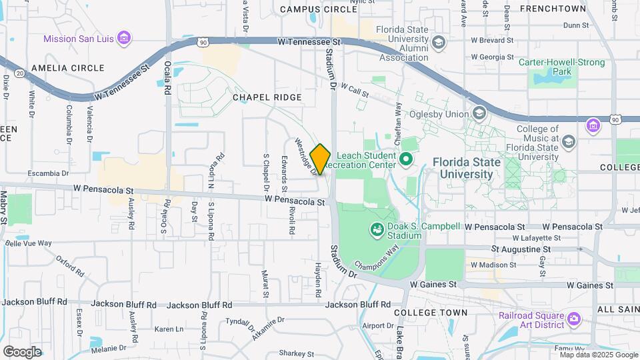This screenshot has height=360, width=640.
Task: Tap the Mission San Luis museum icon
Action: pyautogui.click(x=123, y=38)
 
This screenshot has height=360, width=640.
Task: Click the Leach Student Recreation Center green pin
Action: pyautogui.click(x=404, y=160)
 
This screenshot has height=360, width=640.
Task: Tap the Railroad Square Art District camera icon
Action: pyautogui.click(x=573, y=320)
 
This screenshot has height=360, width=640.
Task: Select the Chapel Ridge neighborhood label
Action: pyautogui.click(x=267, y=97)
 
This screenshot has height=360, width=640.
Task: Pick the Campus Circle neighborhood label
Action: pyautogui.click(x=319, y=9)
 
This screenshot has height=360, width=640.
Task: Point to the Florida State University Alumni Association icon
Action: pyautogui.click(x=439, y=43)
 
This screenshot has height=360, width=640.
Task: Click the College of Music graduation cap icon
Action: pyautogui.click(x=568, y=141)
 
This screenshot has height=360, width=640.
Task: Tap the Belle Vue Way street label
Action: pyautogui.click(x=28, y=243)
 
